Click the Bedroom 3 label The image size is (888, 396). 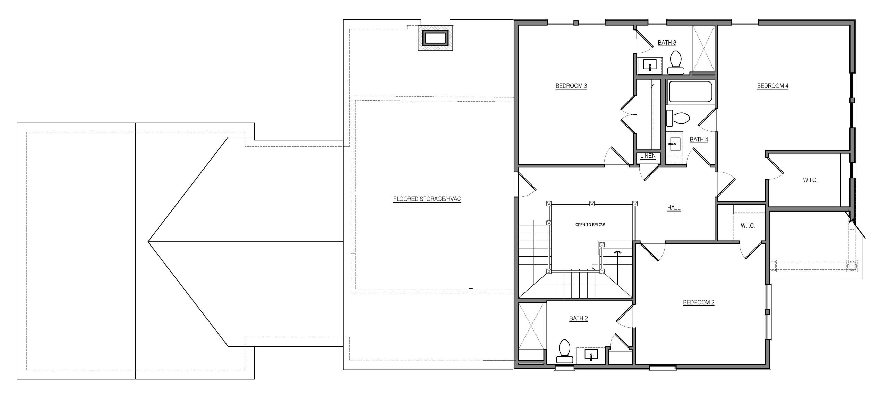(x=571, y=86)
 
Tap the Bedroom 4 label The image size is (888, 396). (x=772, y=86)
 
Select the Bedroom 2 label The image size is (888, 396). (x=699, y=302)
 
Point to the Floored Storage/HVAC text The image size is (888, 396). (x=427, y=199)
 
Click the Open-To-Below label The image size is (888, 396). (x=590, y=225)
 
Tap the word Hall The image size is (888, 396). (x=674, y=208)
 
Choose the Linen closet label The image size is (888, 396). (x=648, y=156)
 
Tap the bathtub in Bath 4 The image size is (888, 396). (x=690, y=92)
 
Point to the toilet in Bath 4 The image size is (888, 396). (x=678, y=119)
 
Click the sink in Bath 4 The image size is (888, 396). (x=674, y=144)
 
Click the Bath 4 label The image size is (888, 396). (x=699, y=139)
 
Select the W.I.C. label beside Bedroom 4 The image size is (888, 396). (x=810, y=180)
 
